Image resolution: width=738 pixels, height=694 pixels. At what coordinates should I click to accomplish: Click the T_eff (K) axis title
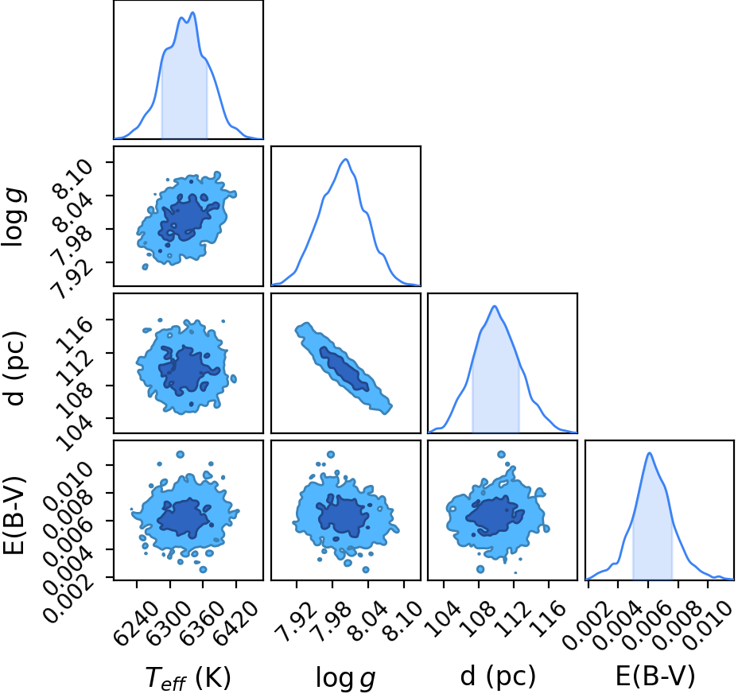(x=188, y=677)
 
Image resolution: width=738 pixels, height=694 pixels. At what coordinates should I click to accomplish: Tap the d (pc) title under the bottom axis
(x=498, y=677)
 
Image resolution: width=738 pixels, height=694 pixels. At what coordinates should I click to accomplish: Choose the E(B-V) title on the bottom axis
(x=655, y=677)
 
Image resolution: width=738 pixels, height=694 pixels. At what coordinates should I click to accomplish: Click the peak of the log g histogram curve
(x=345, y=159)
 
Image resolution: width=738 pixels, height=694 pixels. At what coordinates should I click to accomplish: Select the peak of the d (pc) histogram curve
(x=495, y=306)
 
